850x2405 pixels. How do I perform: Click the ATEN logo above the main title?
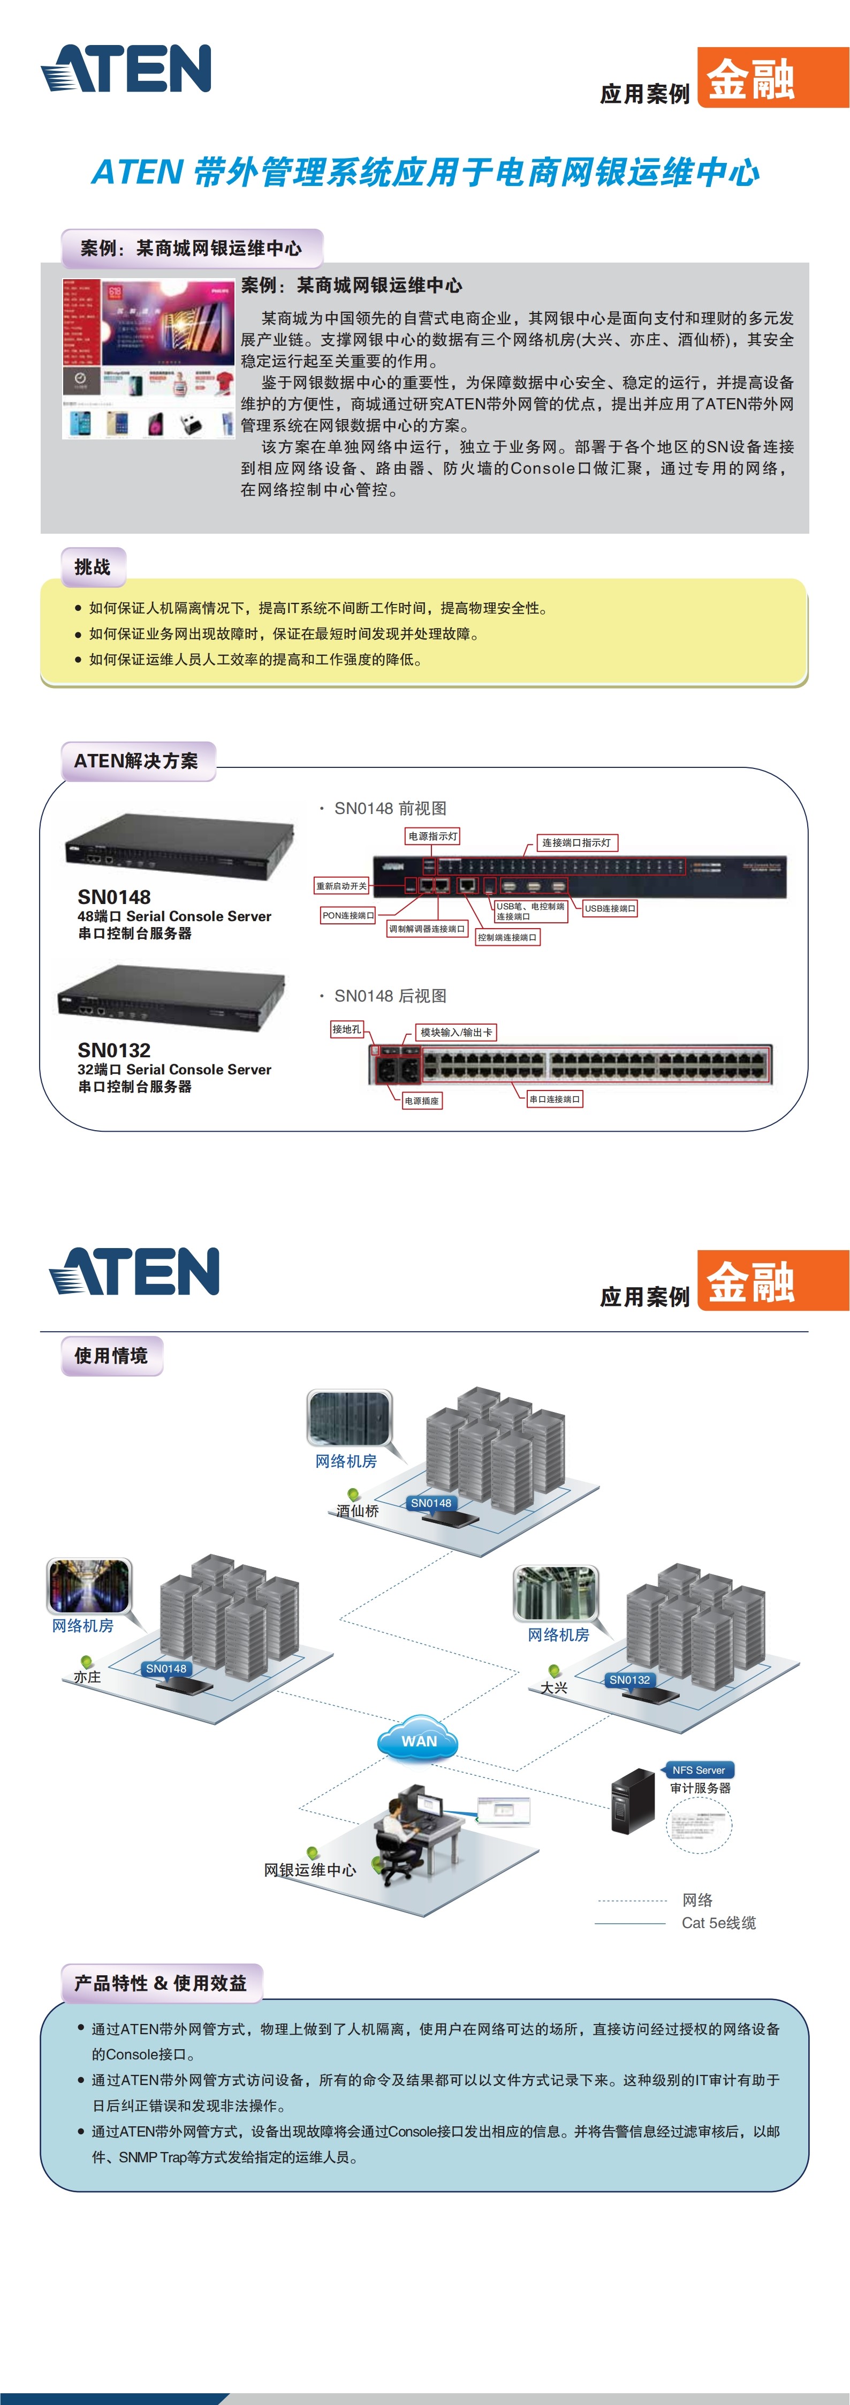coord(126,69)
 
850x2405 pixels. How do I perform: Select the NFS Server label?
coord(698,1769)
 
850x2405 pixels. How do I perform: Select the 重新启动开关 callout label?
coord(341,885)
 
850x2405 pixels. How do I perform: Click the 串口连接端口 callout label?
coord(554,1099)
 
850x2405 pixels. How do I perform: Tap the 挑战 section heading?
coord(93,567)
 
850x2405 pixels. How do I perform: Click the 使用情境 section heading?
coord(111,1356)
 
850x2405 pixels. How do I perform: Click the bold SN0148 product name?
coord(114,897)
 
